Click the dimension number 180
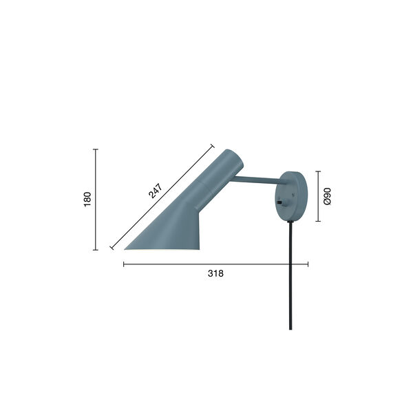click(87, 200)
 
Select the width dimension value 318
click(215, 273)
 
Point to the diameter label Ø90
click(328, 197)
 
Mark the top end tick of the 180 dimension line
click(96, 149)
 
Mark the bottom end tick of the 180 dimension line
click(96, 250)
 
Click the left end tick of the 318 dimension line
click(123, 264)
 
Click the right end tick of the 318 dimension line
click(308, 264)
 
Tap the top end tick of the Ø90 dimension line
click(318, 171)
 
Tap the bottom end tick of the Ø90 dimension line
click(318, 222)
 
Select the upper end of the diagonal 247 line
click(213, 146)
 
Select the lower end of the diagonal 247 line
click(112, 248)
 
